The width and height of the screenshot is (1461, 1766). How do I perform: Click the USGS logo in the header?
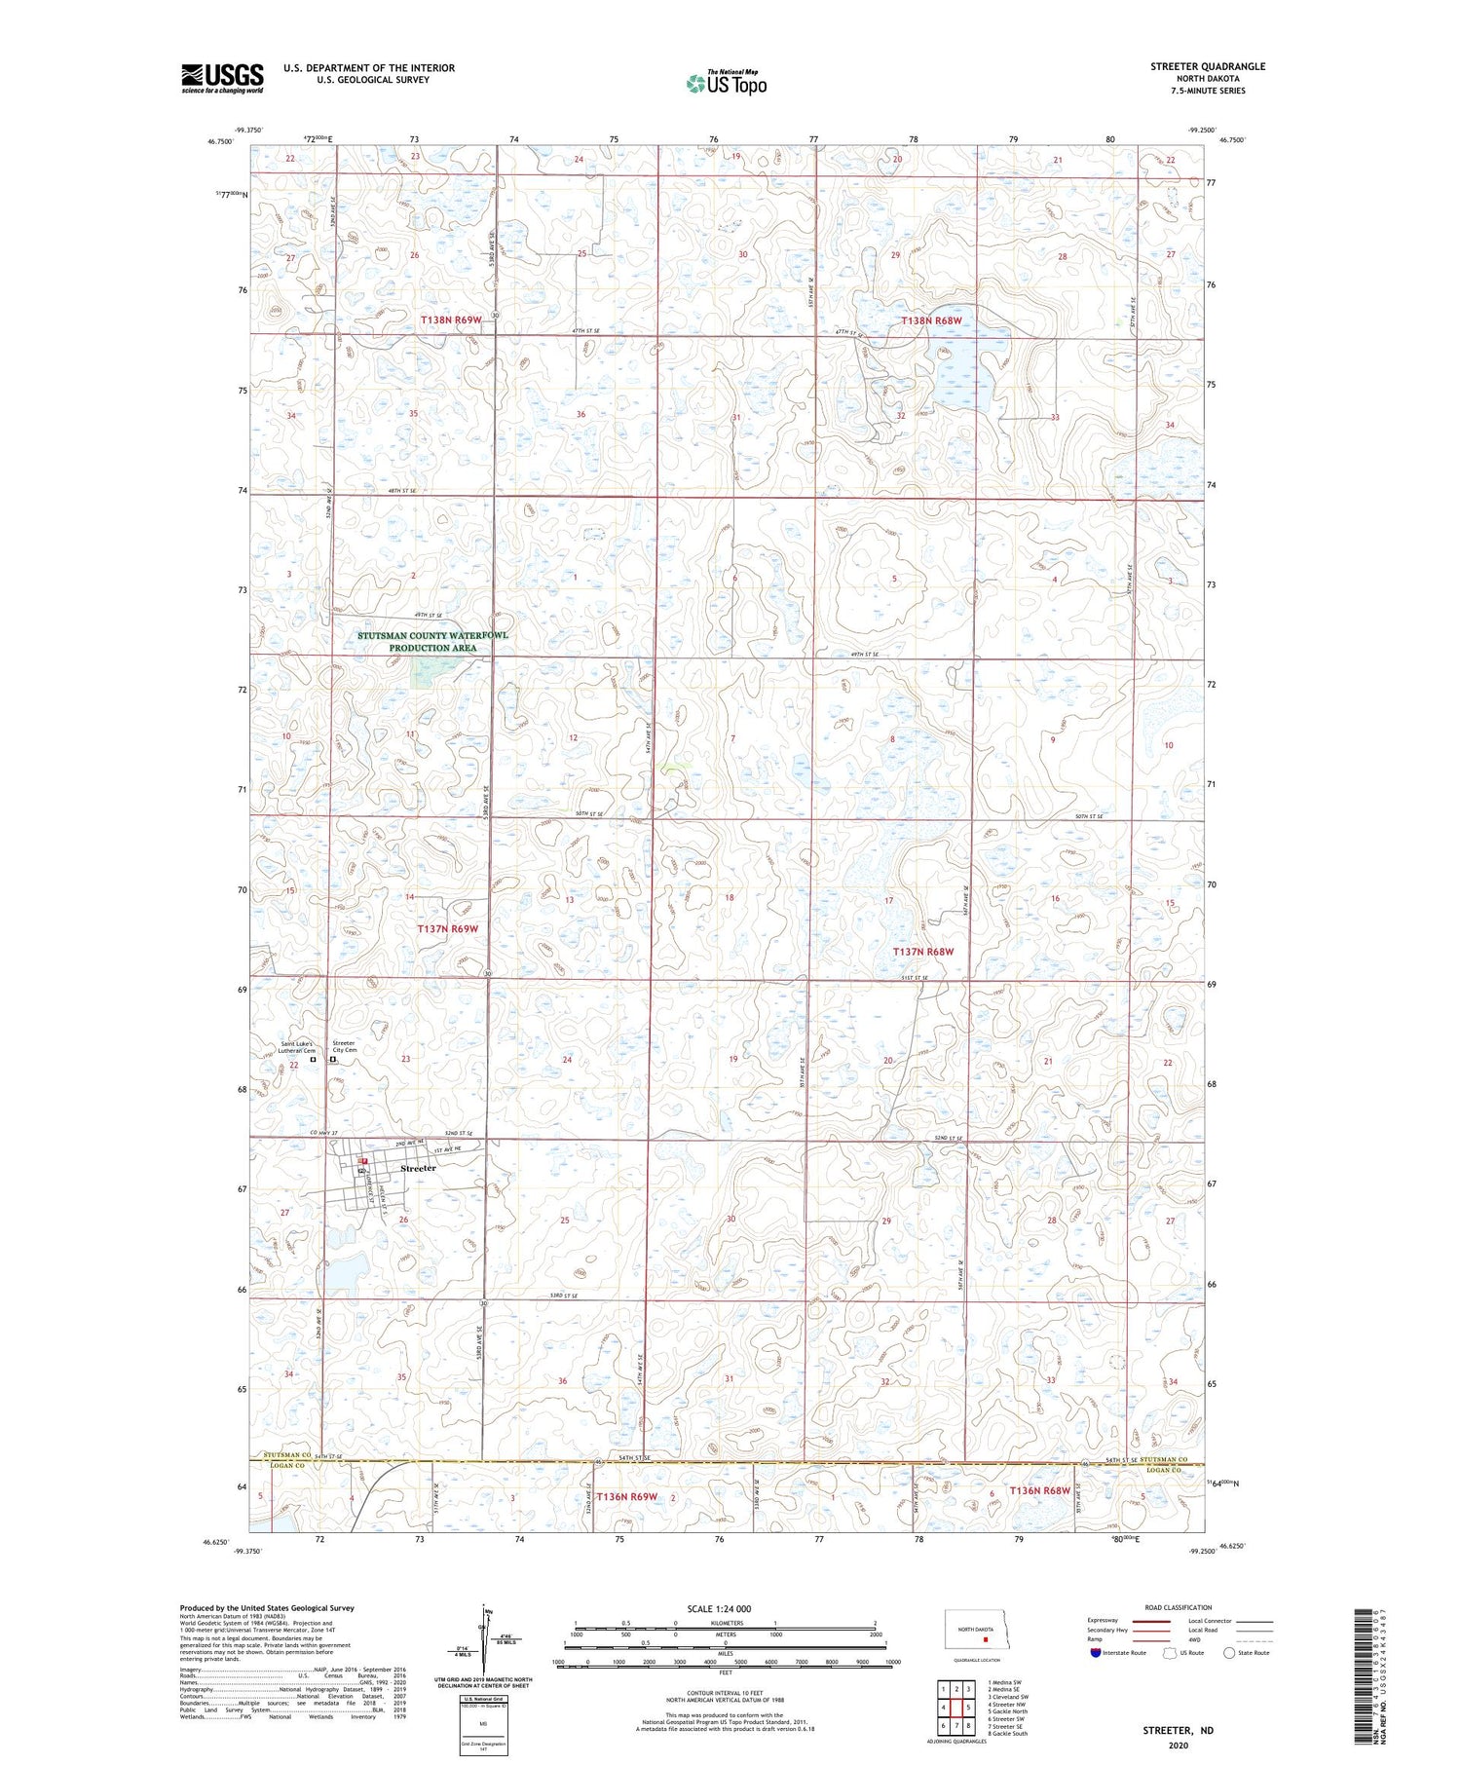click(222, 78)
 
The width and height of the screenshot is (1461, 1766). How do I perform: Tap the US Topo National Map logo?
click(726, 83)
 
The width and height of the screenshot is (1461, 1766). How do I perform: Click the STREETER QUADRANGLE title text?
click(1207, 66)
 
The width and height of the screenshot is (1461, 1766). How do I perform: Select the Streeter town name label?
click(418, 1168)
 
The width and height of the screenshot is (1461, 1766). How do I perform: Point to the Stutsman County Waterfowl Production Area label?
click(432, 641)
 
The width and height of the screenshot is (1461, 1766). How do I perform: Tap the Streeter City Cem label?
click(345, 1046)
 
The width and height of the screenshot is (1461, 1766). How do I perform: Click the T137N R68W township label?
click(923, 951)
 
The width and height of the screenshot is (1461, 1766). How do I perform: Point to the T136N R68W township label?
click(1039, 1491)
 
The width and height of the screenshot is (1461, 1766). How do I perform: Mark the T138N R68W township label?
click(930, 320)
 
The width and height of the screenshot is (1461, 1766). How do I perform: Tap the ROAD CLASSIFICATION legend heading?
click(1179, 1607)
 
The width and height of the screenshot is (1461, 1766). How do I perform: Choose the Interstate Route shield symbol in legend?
click(1096, 1653)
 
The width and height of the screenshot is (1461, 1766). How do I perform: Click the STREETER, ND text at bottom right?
click(1178, 1731)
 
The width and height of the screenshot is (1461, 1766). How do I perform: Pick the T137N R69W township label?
click(448, 929)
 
